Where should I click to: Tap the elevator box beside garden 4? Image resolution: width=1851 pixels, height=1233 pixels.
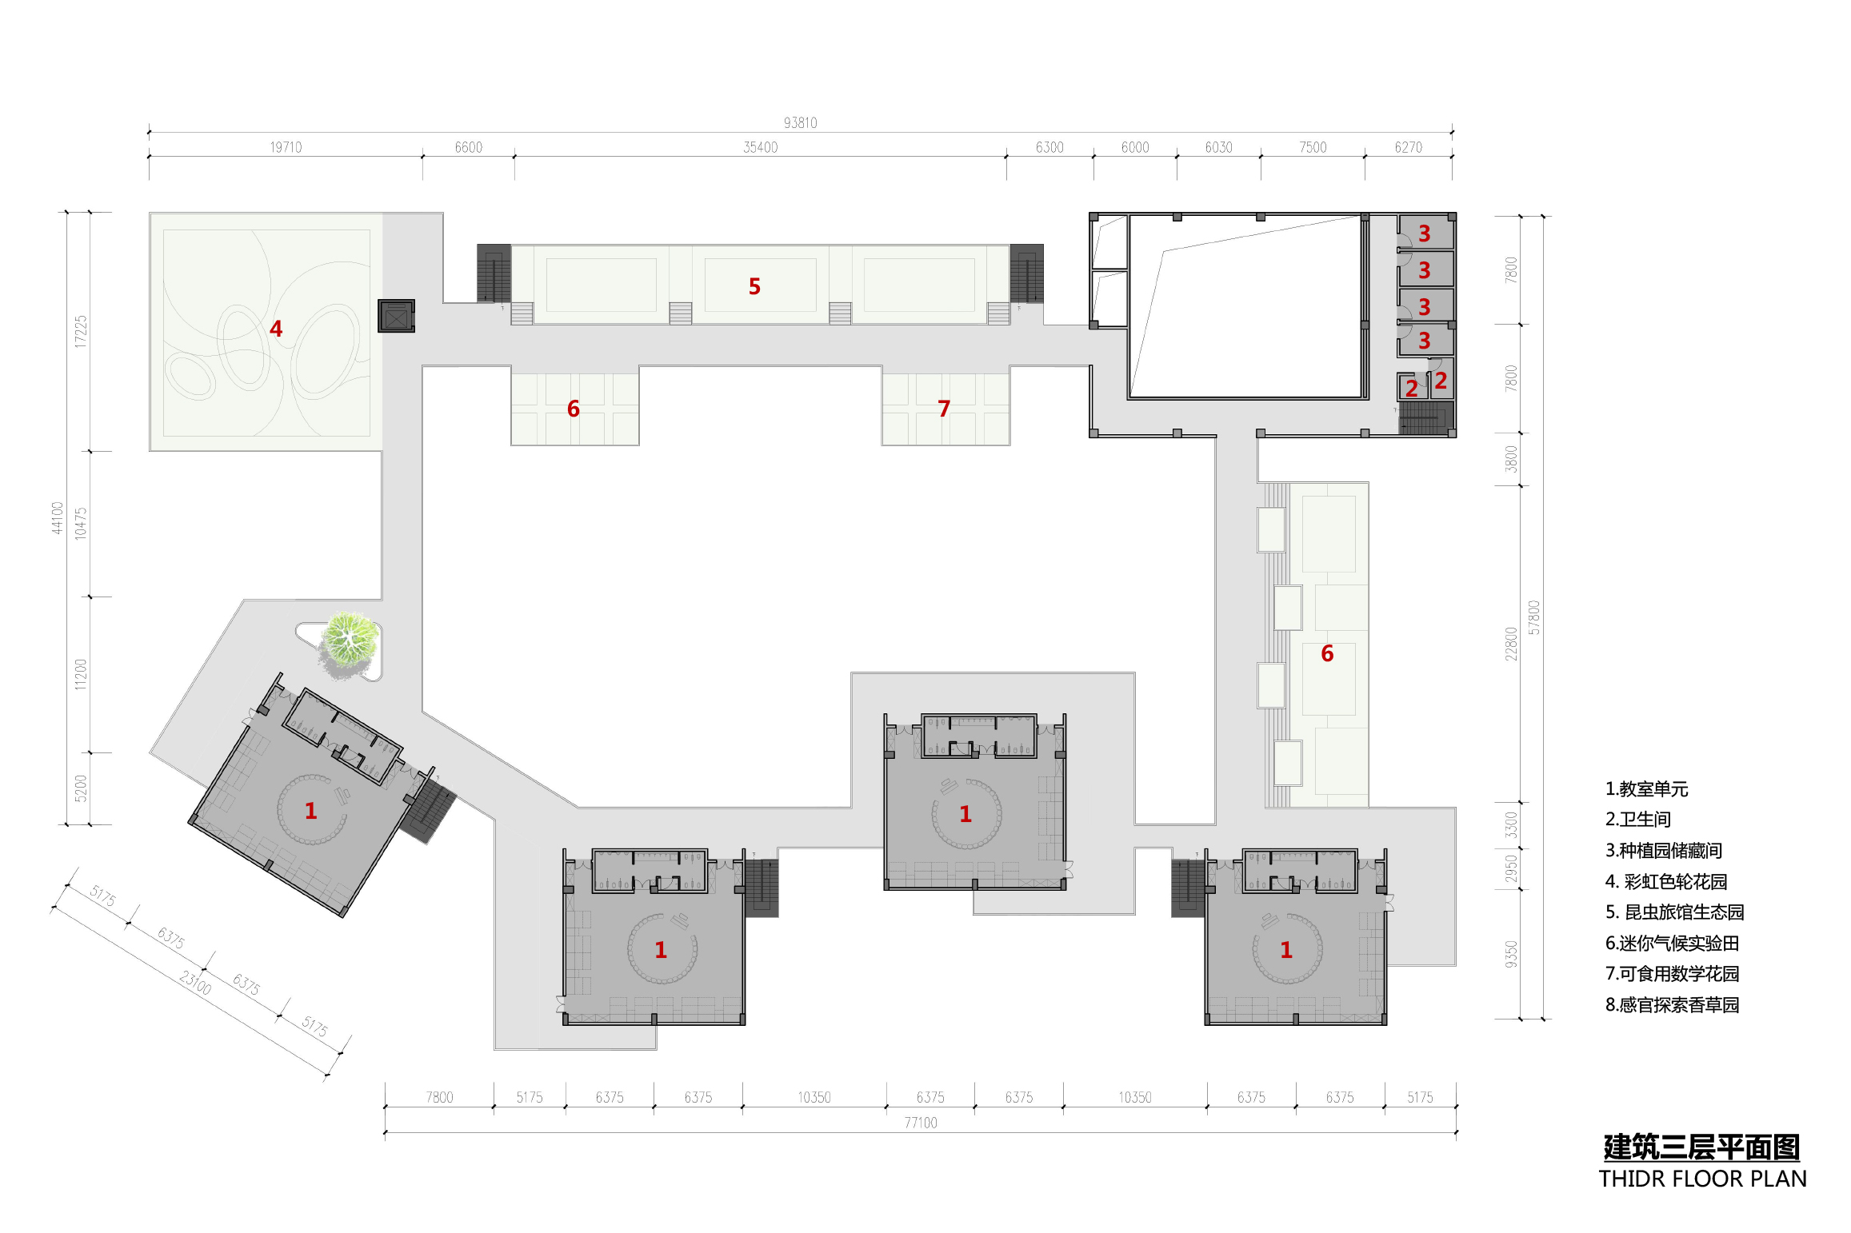(x=396, y=316)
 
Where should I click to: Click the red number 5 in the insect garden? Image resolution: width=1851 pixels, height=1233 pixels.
(x=754, y=286)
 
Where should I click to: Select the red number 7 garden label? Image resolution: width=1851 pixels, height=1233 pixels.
(x=944, y=409)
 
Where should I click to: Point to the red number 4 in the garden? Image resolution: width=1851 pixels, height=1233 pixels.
(x=276, y=329)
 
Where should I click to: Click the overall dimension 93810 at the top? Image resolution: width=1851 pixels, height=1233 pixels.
(x=800, y=122)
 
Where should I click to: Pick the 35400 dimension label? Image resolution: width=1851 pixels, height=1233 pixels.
(x=760, y=147)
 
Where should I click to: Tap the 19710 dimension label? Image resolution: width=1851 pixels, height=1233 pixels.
(x=286, y=147)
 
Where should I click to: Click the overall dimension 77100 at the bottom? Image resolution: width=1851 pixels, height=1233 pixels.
(x=921, y=1123)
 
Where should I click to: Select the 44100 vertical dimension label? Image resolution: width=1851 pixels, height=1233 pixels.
(x=57, y=518)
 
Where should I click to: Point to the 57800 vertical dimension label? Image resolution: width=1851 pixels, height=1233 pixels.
(x=1533, y=617)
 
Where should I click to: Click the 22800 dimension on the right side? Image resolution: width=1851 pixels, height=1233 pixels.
(x=1510, y=644)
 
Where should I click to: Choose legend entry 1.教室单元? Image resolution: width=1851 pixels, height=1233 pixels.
(x=1646, y=789)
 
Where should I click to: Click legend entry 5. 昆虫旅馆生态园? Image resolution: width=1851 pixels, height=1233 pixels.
(x=1674, y=912)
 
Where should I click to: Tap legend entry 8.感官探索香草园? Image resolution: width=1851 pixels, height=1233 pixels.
(x=1672, y=1005)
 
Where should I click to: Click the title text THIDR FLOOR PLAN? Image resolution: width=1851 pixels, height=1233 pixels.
(x=1702, y=1179)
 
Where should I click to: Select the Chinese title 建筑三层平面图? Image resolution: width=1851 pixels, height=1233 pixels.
(x=1701, y=1147)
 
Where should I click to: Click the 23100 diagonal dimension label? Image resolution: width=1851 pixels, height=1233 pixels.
(x=195, y=983)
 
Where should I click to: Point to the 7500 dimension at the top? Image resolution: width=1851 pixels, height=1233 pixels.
(x=1313, y=147)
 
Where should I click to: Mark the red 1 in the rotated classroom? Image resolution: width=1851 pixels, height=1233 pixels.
(x=311, y=811)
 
